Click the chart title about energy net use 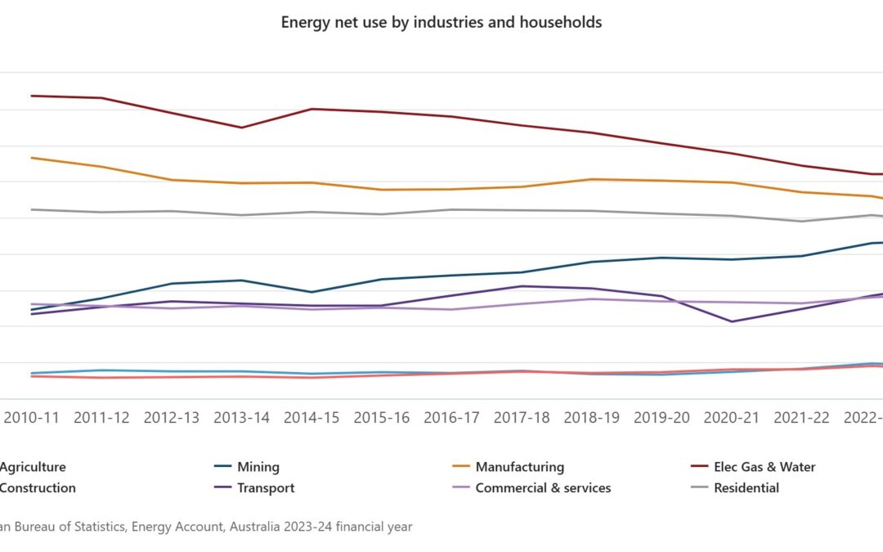pos(441,22)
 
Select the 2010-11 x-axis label pos(31,418)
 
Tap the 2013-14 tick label pos(241,418)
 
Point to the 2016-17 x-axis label pos(451,418)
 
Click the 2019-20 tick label pos(661,418)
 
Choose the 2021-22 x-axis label pos(802,418)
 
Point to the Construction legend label pos(38,488)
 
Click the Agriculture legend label pos(33,467)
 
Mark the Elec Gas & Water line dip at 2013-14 pos(241,128)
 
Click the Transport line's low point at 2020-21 pos(732,321)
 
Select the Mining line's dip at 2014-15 pos(312,292)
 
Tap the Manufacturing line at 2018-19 pos(592,179)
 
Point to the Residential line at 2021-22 pos(802,221)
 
